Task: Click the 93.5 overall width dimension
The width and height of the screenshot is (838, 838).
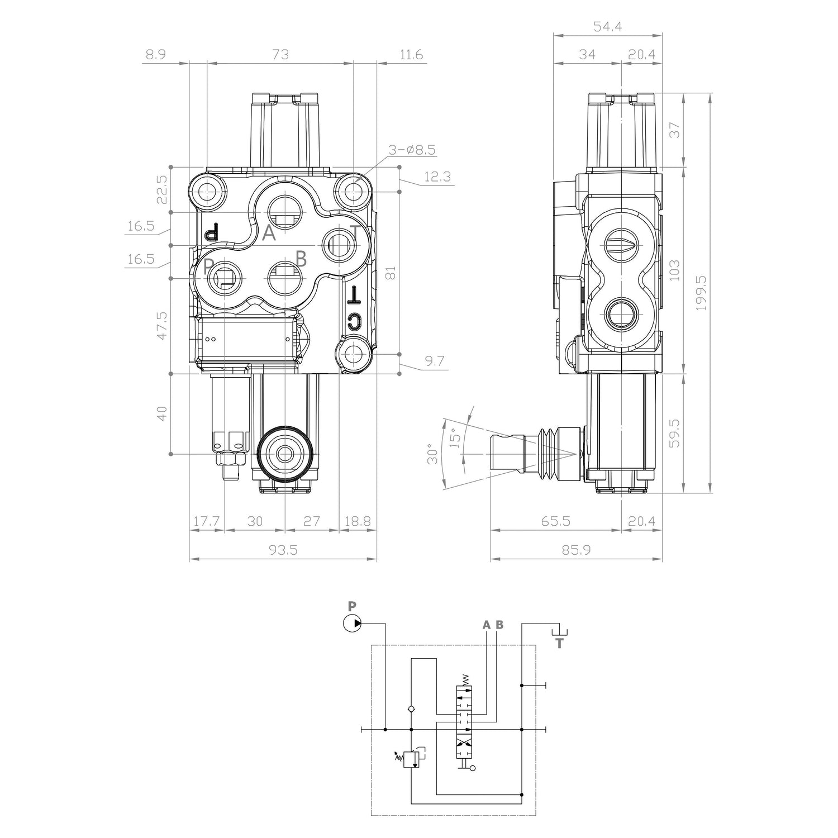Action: (283, 550)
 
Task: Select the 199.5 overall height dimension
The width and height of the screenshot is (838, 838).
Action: (702, 293)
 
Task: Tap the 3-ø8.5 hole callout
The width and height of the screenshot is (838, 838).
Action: (413, 150)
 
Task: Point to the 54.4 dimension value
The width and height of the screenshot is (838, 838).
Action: (607, 26)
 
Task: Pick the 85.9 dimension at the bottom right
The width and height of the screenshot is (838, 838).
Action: (575, 550)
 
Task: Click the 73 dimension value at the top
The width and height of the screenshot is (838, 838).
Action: (280, 54)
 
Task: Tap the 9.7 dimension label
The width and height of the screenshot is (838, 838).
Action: (434, 361)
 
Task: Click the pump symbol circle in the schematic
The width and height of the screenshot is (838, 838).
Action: (352, 623)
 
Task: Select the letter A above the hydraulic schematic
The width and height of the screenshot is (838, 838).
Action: (487, 625)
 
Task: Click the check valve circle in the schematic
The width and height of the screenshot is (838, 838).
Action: (411, 710)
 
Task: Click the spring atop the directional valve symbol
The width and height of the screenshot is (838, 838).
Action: (465, 679)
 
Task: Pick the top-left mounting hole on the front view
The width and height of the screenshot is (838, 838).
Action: (207, 192)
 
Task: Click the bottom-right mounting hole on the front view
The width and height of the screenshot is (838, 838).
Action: (353, 354)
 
